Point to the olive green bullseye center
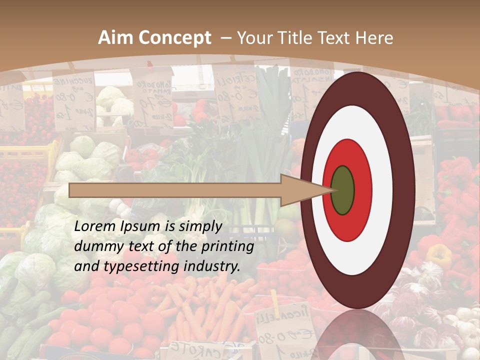tap(342, 190)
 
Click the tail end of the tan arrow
tap(70, 190)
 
